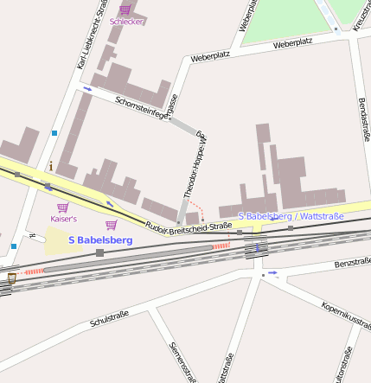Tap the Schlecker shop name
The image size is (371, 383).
126,22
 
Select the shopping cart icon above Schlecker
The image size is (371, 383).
125,10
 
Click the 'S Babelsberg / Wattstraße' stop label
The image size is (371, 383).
290,215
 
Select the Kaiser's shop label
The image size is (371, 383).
63,219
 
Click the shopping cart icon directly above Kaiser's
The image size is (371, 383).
62,207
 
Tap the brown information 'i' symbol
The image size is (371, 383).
52,165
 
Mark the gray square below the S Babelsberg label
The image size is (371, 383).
100,252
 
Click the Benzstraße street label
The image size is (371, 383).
352,261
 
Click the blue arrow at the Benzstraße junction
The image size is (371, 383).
273,273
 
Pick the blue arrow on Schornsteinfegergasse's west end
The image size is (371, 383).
87,89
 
